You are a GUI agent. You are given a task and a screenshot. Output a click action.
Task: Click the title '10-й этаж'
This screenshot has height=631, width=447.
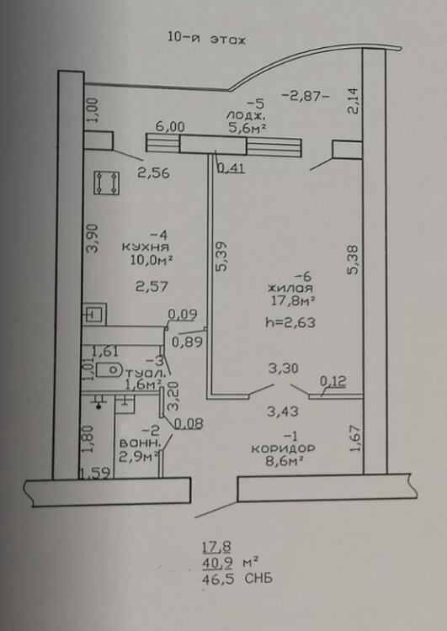pyautogui.click(x=206, y=39)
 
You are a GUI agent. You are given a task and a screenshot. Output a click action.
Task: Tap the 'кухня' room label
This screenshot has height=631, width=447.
pyautogui.click(x=146, y=247)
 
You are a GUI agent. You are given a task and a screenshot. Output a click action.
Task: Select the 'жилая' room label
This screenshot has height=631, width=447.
pyautogui.click(x=290, y=288)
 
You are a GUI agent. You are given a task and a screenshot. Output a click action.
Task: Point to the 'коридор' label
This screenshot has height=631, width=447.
pyautogui.click(x=283, y=448)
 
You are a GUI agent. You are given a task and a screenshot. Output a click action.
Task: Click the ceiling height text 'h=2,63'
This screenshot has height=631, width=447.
pyautogui.click(x=290, y=322)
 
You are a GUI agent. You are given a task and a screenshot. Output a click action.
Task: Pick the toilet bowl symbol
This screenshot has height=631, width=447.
pyautogui.click(x=109, y=369)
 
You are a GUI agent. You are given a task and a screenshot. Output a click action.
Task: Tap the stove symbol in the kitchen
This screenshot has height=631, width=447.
pyautogui.click(x=106, y=183)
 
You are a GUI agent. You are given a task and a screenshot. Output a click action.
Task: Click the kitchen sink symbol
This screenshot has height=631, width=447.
pyautogui.click(x=94, y=315)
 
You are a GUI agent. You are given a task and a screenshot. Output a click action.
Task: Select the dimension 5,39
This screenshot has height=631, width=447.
pyautogui.click(x=221, y=257)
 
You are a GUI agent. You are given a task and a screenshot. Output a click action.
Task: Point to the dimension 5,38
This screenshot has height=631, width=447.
pyautogui.click(x=354, y=260)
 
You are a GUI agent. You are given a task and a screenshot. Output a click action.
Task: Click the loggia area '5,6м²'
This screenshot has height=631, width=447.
pyautogui.click(x=247, y=128)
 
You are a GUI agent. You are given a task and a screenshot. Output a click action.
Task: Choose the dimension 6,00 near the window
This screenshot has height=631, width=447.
pyautogui.click(x=170, y=127)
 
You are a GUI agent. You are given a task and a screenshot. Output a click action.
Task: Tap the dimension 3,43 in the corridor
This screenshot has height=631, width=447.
pyautogui.click(x=283, y=411)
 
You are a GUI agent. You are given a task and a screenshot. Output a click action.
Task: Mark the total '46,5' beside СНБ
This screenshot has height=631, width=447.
pyautogui.click(x=218, y=578)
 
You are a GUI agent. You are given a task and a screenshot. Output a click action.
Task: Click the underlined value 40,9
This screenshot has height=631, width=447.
pyautogui.click(x=217, y=563)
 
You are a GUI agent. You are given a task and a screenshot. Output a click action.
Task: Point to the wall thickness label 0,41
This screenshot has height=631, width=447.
pyautogui.click(x=231, y=167)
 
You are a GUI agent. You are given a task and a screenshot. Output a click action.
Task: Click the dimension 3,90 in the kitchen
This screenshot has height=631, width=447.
pyautogui.click(x=93, y=238)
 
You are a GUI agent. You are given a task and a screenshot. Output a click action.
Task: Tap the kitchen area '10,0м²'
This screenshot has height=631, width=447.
pyautogui.click(x=151, y=260)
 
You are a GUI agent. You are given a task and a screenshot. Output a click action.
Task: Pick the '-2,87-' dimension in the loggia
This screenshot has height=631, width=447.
pyautogui.click(x=306, y=96)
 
